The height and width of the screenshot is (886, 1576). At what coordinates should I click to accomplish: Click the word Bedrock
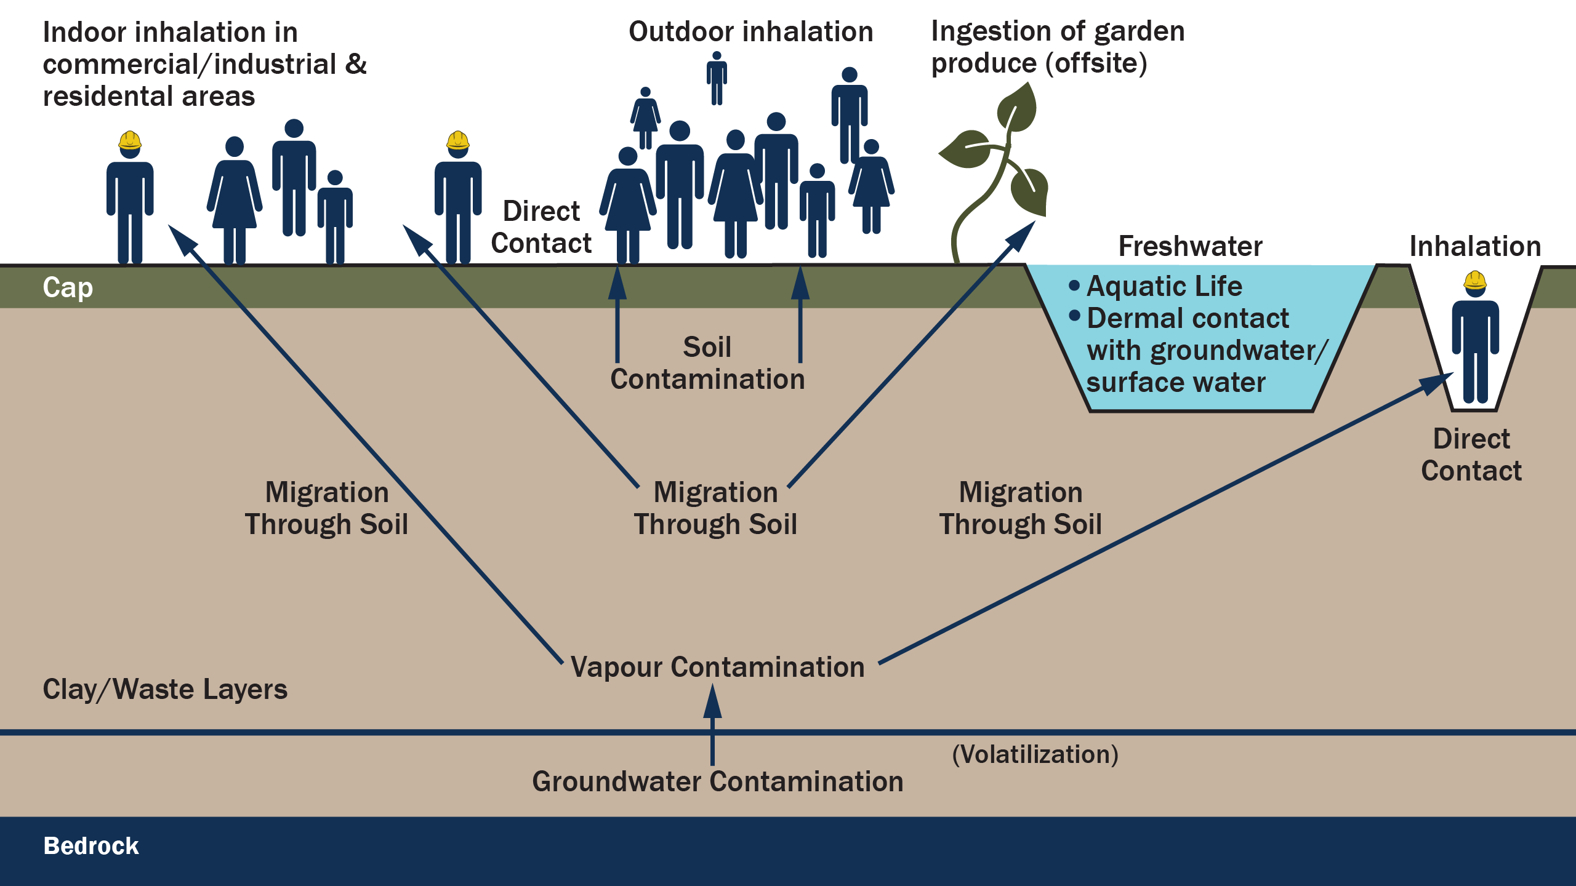tap(91, 846)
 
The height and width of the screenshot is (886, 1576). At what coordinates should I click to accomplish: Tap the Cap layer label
tap(68, 287)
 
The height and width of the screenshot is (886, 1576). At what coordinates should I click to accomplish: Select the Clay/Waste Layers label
tap(165, 689)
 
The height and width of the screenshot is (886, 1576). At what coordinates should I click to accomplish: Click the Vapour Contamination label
tap(717, 667)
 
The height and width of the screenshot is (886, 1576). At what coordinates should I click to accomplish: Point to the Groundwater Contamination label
tap(717, 781)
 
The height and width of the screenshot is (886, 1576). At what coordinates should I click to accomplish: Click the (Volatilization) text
tap(1035, 754)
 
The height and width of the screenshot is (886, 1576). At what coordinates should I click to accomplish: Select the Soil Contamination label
tap(707, 363)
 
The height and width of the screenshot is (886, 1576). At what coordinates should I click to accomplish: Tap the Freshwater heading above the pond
tap(1190, 246)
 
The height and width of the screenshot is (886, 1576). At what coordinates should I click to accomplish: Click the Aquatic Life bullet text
tap(1164, 286)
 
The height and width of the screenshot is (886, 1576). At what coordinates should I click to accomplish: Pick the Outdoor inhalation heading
tap(750, 31)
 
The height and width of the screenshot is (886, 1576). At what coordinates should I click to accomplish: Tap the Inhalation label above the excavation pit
tap(1475, 246)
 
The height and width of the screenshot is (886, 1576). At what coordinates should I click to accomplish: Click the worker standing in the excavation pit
tap(1475, 345)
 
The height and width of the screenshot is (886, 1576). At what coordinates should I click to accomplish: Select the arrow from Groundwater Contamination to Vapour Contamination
tap(712, 726)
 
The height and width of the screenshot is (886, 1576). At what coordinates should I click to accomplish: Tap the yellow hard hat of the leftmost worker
tap(130, 140)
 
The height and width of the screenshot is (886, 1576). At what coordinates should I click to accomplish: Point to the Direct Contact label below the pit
tap(1471, 455)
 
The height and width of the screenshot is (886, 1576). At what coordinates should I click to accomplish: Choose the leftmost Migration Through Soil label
tap(326, 508)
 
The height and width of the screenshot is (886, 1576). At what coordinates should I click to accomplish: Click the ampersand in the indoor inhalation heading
tap(356, 64)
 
